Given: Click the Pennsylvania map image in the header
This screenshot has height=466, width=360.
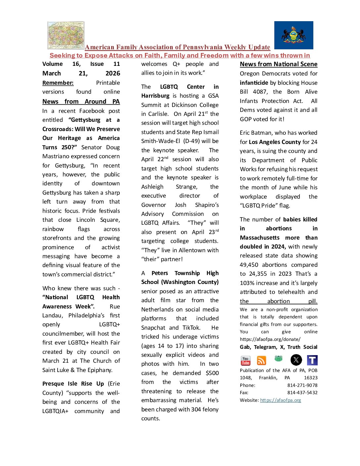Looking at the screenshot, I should point(66,35).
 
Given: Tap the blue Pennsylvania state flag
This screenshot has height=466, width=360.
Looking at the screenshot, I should point(293,35).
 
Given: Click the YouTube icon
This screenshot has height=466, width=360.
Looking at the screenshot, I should point(246,360).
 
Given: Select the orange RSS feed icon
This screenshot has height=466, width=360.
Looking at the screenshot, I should point(261,360).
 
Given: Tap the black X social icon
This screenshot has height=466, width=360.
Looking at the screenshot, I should point(296,360).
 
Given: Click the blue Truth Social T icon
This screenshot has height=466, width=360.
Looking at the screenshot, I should point(312,360).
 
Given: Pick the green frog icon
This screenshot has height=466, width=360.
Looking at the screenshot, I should point(278,358).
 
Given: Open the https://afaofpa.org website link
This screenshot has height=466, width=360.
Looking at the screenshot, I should point(280,400).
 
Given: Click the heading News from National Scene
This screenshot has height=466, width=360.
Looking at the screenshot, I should point(279,64).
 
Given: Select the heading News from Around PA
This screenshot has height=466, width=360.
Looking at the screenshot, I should point(81,102).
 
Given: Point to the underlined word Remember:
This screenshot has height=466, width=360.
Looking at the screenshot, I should point(58,83).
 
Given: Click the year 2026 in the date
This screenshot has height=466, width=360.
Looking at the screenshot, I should point(112,73).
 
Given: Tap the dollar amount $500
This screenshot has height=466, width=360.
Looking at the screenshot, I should point(212,373).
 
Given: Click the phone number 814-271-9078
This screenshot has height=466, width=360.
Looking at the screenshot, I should point(302,385).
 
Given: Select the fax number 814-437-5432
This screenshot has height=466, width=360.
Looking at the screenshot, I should point(302,393).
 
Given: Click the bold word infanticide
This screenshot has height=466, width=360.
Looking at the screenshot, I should point(254,83).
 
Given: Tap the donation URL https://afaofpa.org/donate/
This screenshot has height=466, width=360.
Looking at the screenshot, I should point(270,339).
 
